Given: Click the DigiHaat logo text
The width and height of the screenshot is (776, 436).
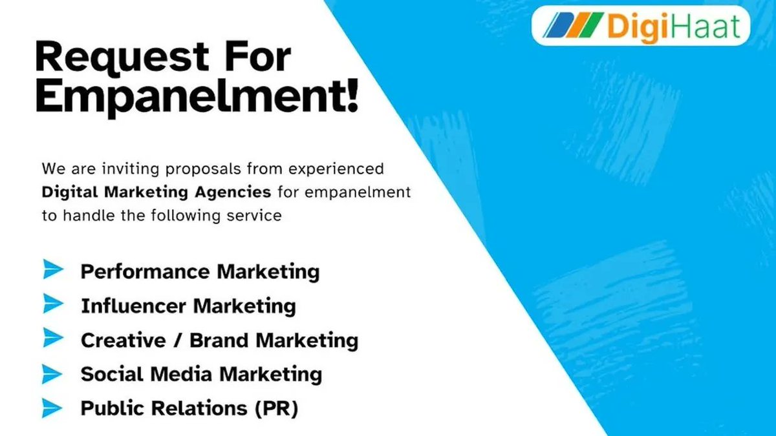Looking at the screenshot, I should click(673, 27).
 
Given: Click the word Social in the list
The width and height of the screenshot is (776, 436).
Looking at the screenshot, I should click(107, 374).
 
